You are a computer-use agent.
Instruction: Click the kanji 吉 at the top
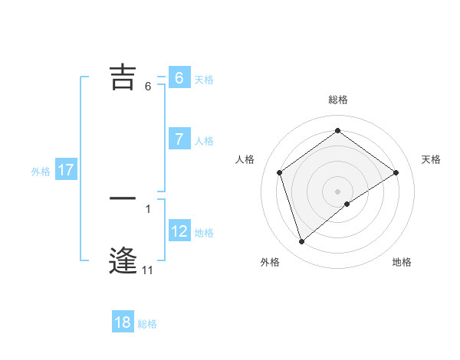123,77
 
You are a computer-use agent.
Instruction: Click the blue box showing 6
179,77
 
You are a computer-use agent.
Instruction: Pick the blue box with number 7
179,139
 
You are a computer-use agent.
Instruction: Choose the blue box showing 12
179,231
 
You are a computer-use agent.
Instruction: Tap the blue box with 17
65,170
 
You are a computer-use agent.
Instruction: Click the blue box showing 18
123,322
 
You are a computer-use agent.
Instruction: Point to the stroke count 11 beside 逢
147,270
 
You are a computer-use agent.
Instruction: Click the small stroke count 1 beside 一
147,208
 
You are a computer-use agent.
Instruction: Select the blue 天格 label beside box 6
204,79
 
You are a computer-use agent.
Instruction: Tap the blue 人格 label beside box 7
204,141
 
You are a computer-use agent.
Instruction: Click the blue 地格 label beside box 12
204,233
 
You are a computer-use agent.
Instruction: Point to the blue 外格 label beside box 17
41,172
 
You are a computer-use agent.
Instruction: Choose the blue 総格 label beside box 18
147,325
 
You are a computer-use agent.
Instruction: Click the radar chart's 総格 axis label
338,100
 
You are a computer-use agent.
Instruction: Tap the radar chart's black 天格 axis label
432,159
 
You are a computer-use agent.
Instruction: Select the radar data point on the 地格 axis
347,204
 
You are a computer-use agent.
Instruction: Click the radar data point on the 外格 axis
302,242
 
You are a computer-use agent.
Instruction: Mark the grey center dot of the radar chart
338,191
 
